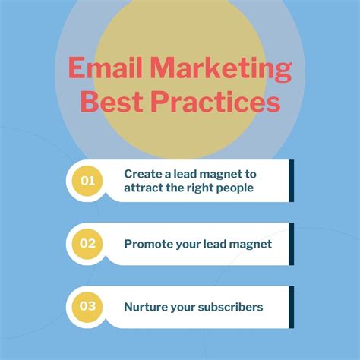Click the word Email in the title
(101, 70)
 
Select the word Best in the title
(112, 103)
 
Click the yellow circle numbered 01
(87, 181)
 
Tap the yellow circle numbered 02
(87, 244)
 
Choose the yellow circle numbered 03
(87, 307)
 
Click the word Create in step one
(142, 174)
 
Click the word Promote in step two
(147, 244)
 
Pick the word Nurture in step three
(144, 307)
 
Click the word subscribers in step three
(229, 307)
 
